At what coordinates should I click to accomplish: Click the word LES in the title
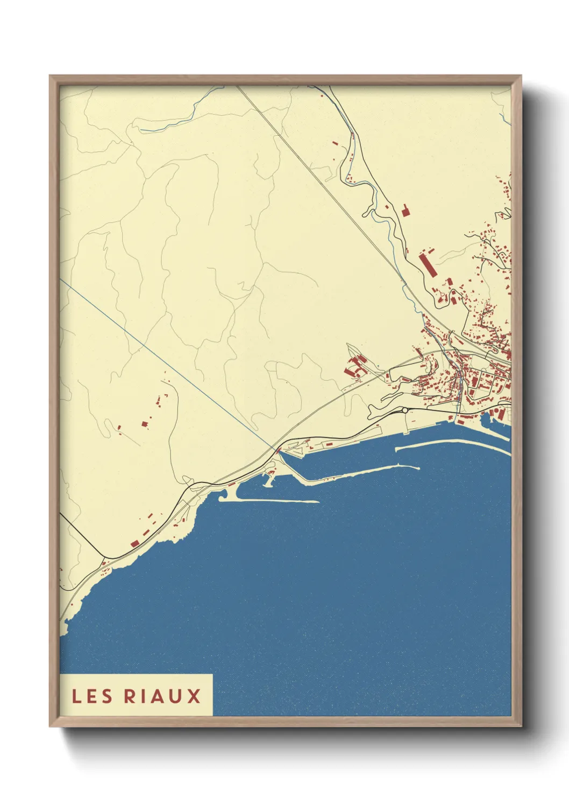(92, 696)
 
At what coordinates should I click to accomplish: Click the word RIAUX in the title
(162, 696)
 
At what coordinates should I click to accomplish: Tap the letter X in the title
(194, 696)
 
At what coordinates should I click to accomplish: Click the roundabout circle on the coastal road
(404, 410)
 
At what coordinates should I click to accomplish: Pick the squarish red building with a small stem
(406, 210)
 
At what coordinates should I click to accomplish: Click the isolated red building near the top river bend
(335, 144)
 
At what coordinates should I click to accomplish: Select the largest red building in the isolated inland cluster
(145, 424)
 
